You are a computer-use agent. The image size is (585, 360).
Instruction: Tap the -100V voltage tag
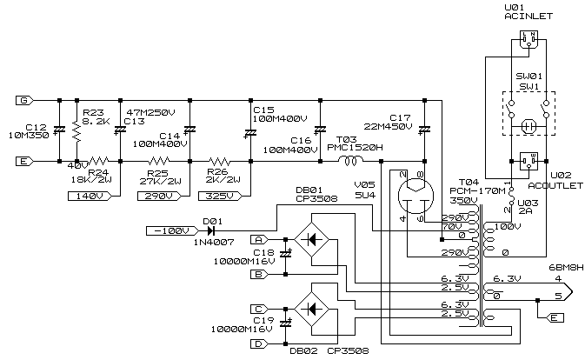point(169,230)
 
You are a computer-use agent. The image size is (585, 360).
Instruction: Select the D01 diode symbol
point(211,230)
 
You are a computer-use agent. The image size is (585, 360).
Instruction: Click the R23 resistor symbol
point(76,130)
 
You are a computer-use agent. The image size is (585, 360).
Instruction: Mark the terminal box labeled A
point(258,239)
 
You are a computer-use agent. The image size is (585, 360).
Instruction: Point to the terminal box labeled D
point(258,344)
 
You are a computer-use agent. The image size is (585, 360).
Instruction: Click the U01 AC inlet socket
point(528,40)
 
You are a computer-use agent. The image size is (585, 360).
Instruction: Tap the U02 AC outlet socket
point(528,160)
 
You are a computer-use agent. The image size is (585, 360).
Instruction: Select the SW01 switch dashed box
point(528,112)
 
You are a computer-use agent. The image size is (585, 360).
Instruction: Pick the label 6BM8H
point(564,266)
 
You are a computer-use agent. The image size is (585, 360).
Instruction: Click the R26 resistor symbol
point(219,162)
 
